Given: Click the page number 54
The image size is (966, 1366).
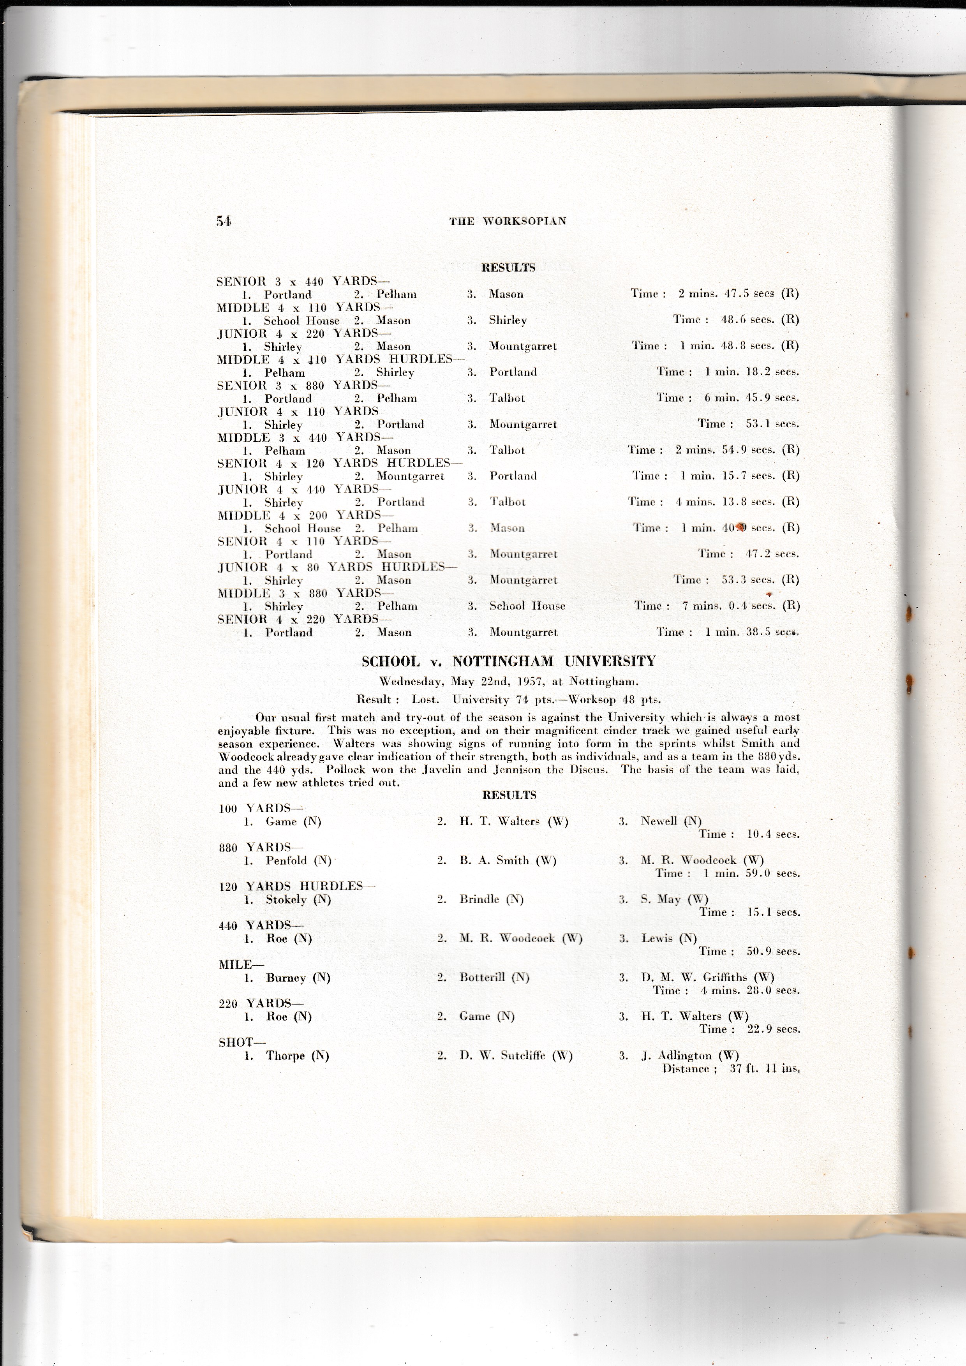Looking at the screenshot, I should coord(224,221).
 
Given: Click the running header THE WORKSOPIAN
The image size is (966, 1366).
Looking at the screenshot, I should coord(508,221).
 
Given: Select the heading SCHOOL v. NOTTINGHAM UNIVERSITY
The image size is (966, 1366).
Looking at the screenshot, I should coord(509,662).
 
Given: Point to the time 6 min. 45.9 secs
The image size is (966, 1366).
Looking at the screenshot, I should coord(751,398).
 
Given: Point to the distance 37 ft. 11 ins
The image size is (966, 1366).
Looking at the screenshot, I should coord(764,1068).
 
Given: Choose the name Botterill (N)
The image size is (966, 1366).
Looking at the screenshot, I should coord(494,978).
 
